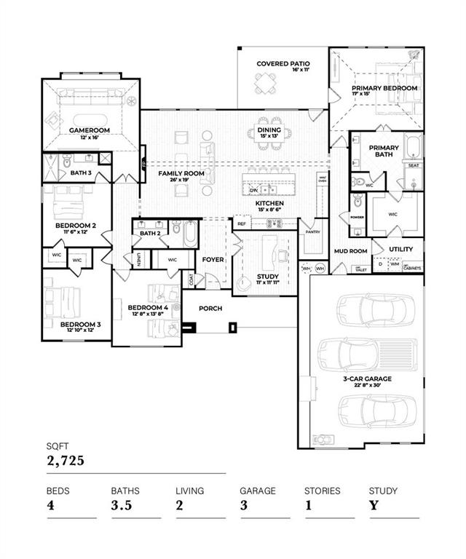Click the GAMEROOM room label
(88, 130)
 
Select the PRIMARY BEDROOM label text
(387, 88)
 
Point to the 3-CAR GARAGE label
(368, 379)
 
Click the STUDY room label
(268, 277)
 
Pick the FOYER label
(213, 259)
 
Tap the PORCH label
(211, 309)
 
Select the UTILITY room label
(400, 249)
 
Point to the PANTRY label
(313, 232)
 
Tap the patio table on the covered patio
(264, 87)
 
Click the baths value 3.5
(121, 505)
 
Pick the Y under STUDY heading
(374, 505)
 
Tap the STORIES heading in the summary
(321, 491)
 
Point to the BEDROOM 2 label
(74, 226)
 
